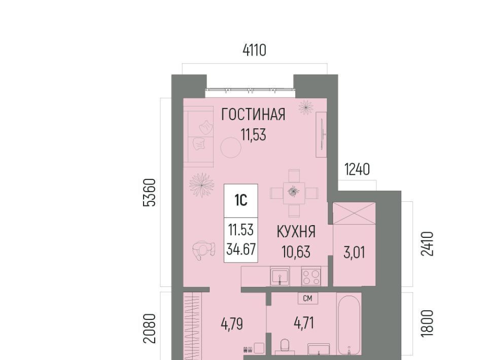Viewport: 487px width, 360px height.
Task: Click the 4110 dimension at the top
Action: [x=254, y=50]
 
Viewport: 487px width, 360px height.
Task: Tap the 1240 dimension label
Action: [x=357, y=170]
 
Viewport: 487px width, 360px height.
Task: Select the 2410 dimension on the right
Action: [x=427, y=243]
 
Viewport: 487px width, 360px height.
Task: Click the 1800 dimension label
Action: [x=427, y=323]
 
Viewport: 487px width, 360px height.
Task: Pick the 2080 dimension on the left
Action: [x=149, y=329]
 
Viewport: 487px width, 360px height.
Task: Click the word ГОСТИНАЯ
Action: [x=253, y=115]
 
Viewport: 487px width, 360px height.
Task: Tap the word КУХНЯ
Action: [x=296, y=232]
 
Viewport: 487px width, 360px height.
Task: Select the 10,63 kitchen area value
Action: [x=296, y=251]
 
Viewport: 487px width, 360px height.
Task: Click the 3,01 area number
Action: [x=354, y=253]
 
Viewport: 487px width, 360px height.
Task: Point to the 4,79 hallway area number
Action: [x=232, y=324]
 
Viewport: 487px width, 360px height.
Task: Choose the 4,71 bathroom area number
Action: [x=304, y=323]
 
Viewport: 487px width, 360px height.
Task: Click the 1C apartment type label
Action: [x=240, y=200]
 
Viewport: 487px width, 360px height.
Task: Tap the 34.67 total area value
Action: [x=241, y=249]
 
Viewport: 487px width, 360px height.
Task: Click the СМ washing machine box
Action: [x=307, y=298]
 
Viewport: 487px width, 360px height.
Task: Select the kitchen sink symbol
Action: [x=280, y=276]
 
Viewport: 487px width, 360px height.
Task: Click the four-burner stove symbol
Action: [x=311, y=276]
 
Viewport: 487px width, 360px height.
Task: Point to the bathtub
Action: [x=349, y=325]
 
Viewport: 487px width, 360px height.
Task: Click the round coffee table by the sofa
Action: [x=231, y=148]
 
